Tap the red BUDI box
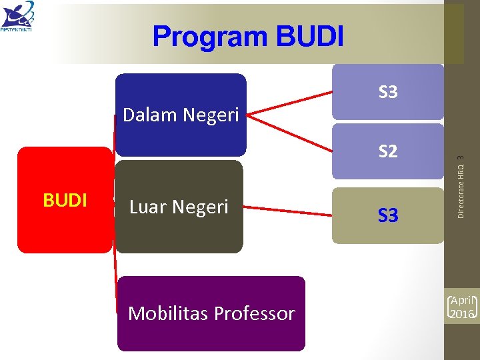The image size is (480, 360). (65, 200)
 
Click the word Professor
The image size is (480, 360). (255, 313)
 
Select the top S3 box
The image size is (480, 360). (388, 92)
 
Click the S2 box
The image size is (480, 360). (388, 151)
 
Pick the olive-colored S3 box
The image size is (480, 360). (388, 215)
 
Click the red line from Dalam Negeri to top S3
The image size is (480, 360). (290, 102)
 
